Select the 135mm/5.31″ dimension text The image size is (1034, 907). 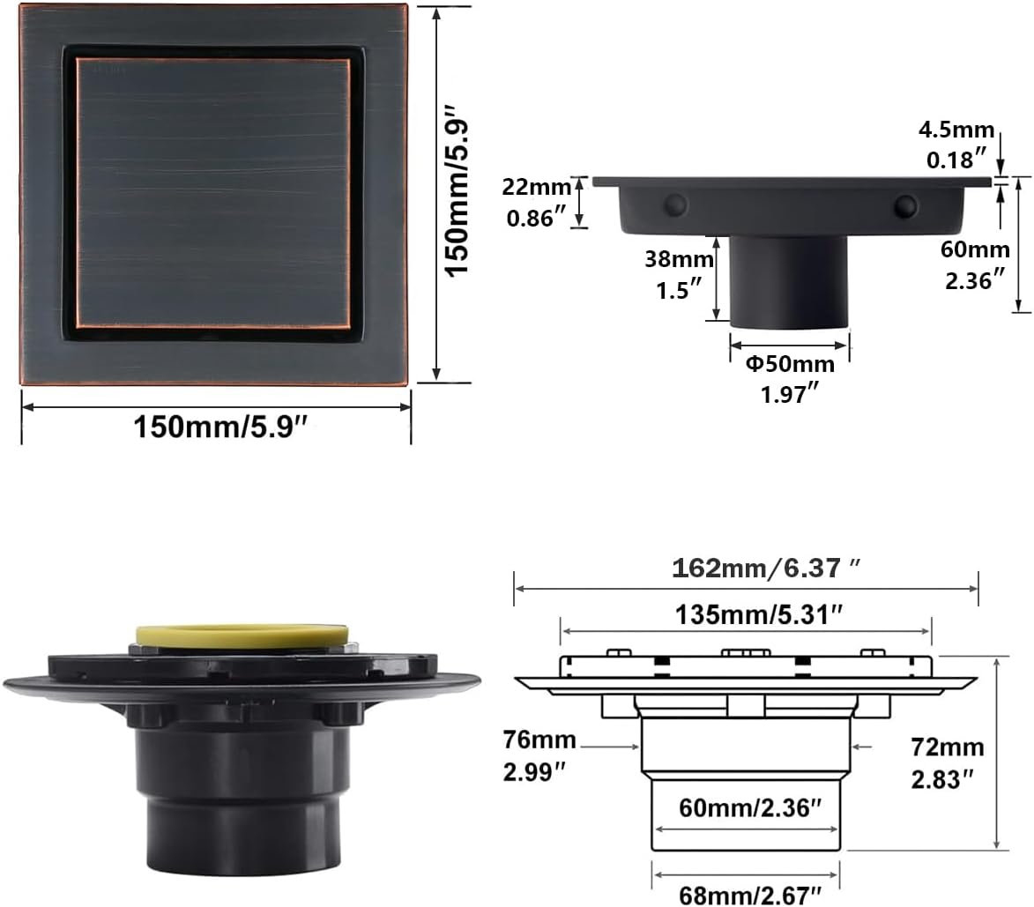[748, 614]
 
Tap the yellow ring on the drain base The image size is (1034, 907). [242, 634]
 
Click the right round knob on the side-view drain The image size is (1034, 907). [904, 206]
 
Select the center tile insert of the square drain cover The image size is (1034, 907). [213, 192]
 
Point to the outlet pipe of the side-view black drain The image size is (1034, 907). [789, 280]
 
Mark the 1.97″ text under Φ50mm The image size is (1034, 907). [788, 395]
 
